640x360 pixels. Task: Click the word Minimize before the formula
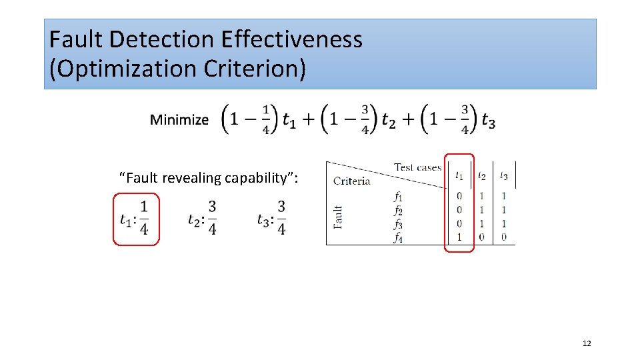click(179, 120)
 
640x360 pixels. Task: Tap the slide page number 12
click(587, 343)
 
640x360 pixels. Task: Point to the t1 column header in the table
click(459, 176)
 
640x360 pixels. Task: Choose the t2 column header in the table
click(481, 176)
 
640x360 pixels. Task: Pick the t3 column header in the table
click(503, 176)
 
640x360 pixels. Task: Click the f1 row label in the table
click(398, 197)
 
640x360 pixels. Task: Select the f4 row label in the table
click(398, 237)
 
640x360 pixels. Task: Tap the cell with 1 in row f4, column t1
click(459, 237)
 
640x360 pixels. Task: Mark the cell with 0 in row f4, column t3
click(503, 237)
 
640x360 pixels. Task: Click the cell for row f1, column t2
click(481, 196)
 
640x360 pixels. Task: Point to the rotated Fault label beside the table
click(338, 217)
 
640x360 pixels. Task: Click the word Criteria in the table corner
click(351, 181)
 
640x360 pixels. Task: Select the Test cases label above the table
click(418, 167)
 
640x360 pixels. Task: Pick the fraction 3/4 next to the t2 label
click(212, 218)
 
